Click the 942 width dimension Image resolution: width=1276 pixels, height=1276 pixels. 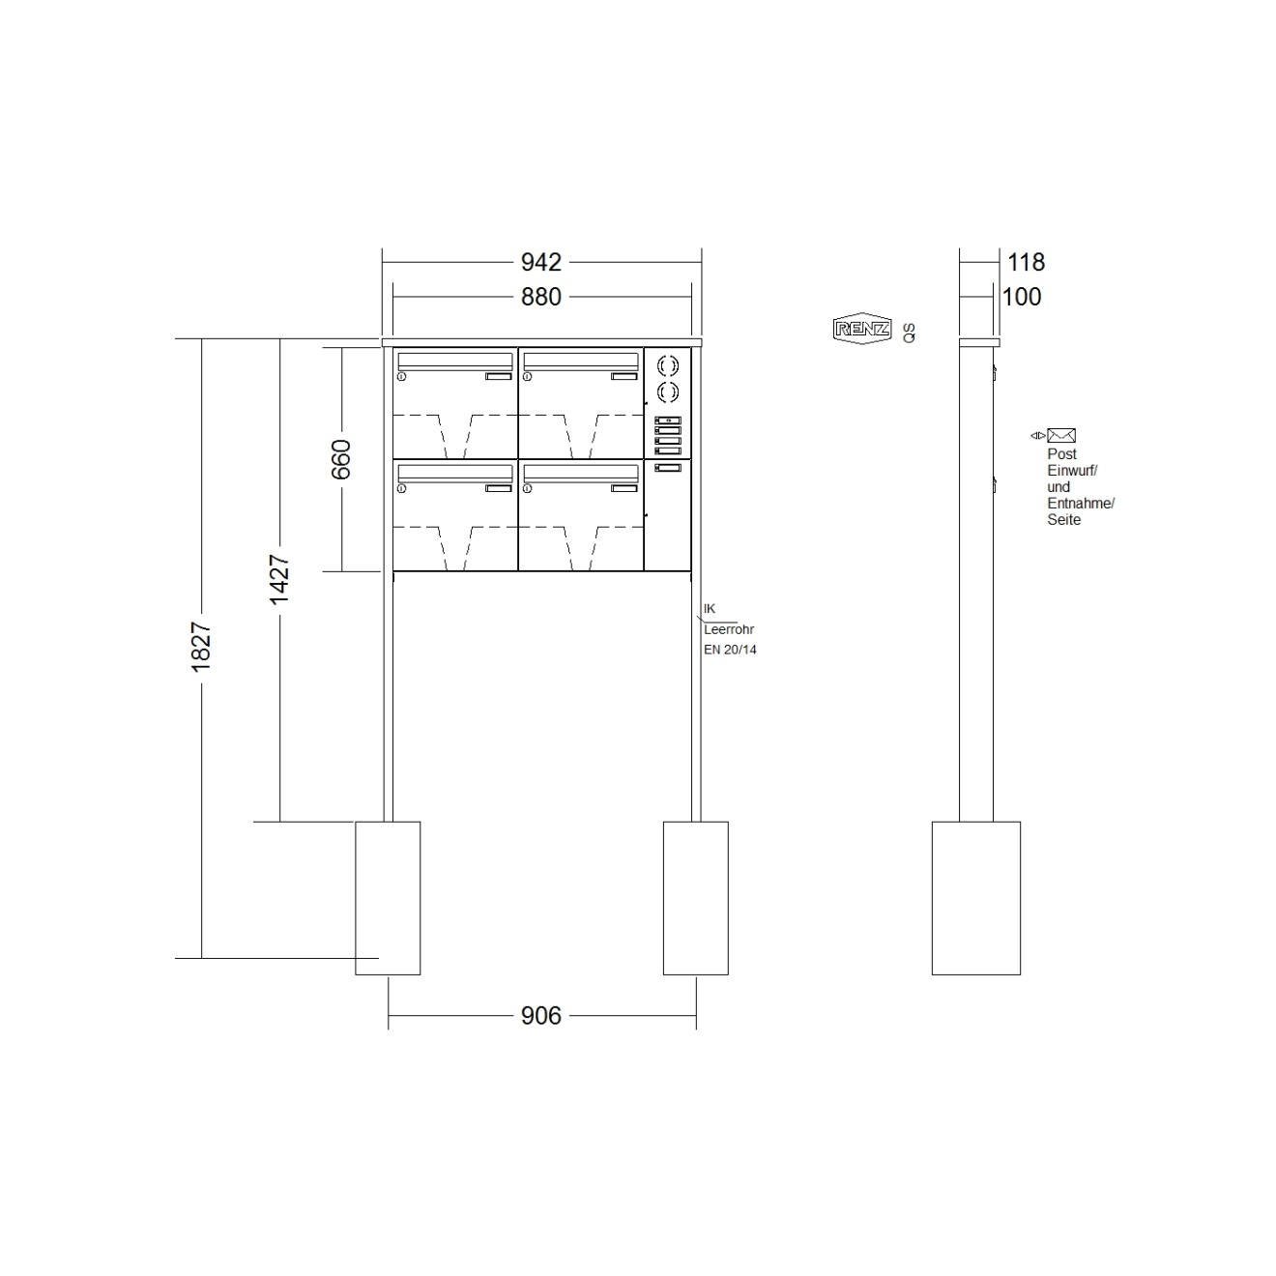pyautogui.click(x=541, y=262)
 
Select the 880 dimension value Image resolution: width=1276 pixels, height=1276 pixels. pyautogui.click(x=541, y=297)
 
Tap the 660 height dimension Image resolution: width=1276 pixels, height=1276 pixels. pyautogui.click(x=341, y=459)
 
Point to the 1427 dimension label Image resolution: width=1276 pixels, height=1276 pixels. pyautogui.click(x=279, y=579)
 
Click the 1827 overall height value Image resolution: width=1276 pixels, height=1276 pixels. pyautogui.click(x=201, y=647)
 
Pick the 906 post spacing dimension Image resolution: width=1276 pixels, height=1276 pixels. pyautogui.click(x=541, y=1015)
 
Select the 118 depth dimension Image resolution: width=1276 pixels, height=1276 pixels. pyautogui.click(x=1026, y=262)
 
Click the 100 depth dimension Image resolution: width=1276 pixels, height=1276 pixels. pyautogui.click(x=1022, y=297)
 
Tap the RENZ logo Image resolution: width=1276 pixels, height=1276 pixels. pyautogui.click(x=862, y=329)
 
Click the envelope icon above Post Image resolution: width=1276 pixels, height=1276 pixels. pyautogui.click(x=1060, y=435)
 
